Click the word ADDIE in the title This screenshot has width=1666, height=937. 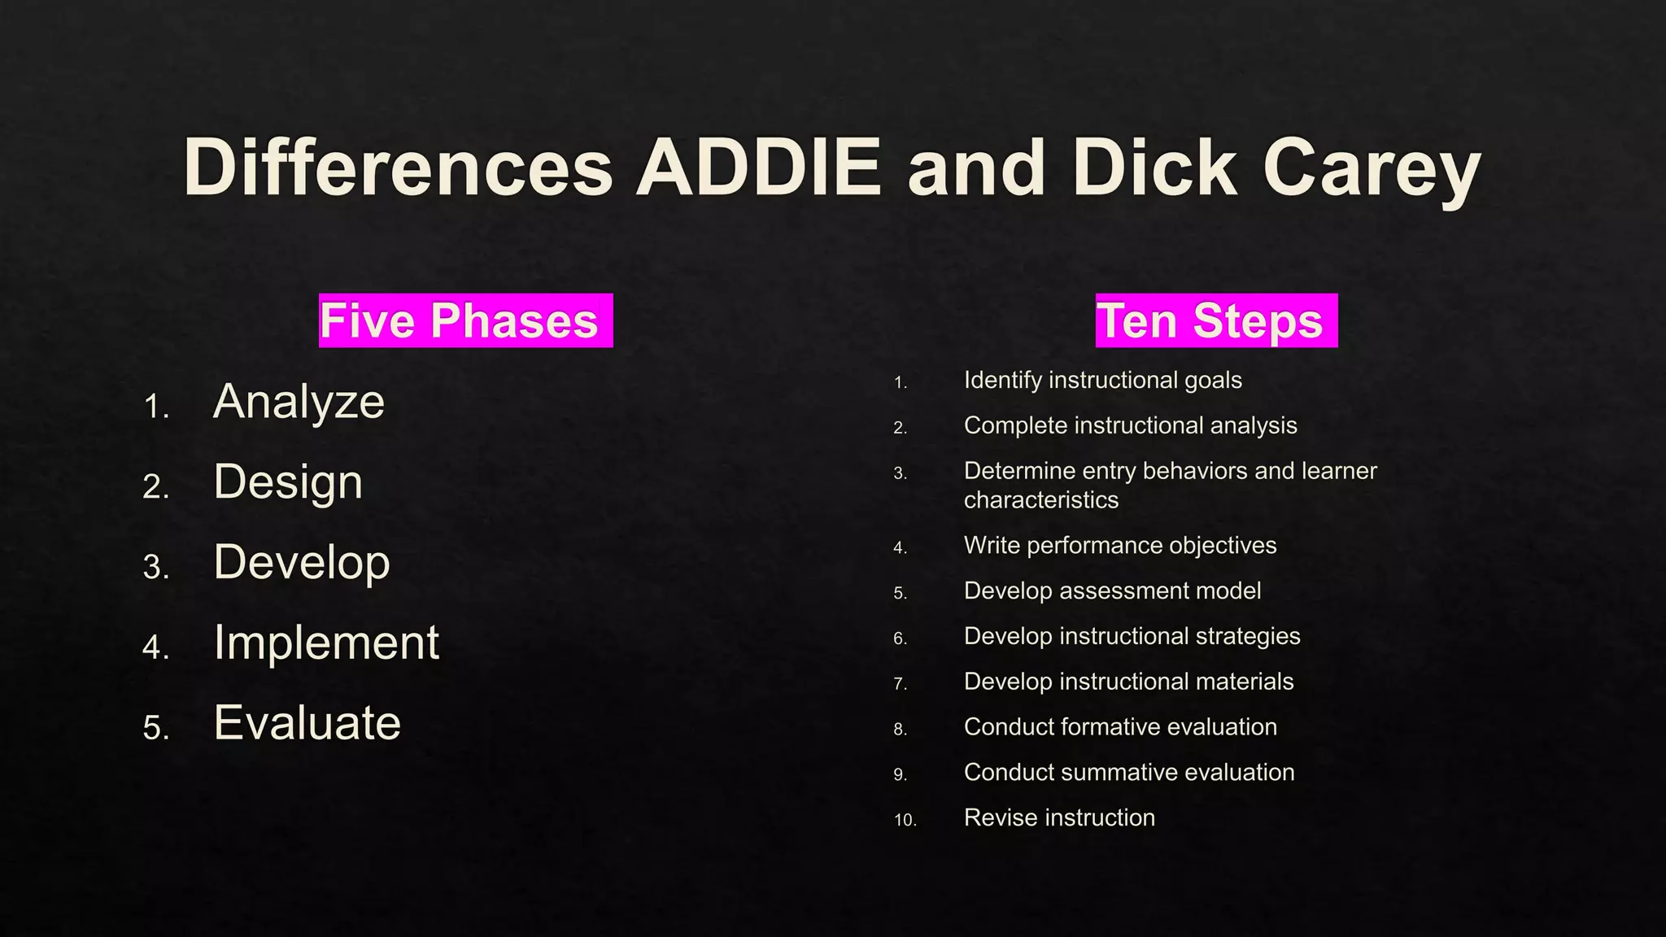pos(758,168)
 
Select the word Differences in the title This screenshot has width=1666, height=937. pos(398,168)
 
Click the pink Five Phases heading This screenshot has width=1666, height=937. pos(465,320)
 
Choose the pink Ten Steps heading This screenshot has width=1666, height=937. pos(1215,320)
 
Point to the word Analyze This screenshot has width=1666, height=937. pos(299,402)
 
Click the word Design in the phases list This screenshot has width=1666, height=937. pos(288,482)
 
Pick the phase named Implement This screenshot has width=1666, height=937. pos(326,643)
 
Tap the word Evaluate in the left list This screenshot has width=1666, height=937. pos(307,722)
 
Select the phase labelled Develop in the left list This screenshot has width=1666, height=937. pos(302,562)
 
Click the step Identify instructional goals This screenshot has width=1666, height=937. pos(1102,380)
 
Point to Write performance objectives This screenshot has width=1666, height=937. pos(1119,545)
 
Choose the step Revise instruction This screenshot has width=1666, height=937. pos(1059,817)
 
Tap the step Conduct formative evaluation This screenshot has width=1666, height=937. pos(1120,726)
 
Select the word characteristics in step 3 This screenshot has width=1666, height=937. pos(1041,499)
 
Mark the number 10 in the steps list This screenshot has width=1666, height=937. pos(905,820)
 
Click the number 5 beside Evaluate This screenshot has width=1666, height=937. pos(155,727)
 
